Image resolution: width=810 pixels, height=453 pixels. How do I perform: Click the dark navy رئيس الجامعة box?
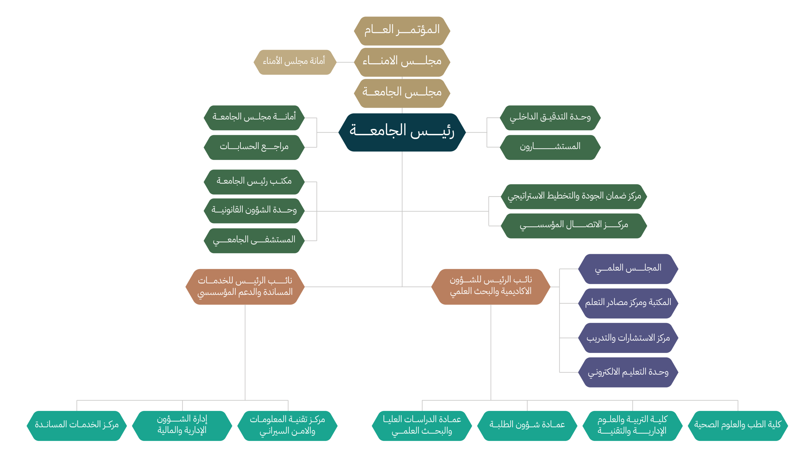[402, 132]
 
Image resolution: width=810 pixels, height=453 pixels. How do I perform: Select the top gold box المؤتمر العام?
[402, 31]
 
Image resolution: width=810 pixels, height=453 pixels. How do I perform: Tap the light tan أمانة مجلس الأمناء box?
[295, 62]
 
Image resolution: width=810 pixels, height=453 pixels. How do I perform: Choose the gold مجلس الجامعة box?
[402, 93]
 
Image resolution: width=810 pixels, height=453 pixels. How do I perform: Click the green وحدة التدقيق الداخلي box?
[550, 118]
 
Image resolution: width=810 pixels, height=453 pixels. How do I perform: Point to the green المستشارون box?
[550, 148]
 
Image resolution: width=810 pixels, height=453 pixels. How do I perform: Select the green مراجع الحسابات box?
[254, 148]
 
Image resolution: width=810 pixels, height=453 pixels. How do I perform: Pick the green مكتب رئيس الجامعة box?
[254, 182]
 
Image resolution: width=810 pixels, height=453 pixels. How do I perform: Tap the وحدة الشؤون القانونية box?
[254, 211]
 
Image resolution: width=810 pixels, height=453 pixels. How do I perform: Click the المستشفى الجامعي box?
[254, 241]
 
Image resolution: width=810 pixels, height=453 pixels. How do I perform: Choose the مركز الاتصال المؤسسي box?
[574, 226]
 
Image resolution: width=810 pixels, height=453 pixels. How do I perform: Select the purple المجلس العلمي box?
[628, 269]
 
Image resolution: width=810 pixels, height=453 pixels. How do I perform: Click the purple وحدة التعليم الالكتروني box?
[628, 372]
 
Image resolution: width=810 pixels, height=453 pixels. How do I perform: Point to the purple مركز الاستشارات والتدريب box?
[628, 338]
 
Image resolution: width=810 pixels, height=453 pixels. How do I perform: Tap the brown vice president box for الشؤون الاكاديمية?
[491, 287]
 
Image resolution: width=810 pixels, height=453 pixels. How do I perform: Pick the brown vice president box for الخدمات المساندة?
[245, 287]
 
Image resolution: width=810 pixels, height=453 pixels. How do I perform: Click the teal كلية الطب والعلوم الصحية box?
[738, 426]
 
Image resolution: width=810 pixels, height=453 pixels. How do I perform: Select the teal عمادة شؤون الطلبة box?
[527, 426]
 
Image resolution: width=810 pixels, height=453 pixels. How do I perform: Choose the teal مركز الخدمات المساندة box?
[77, 426]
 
